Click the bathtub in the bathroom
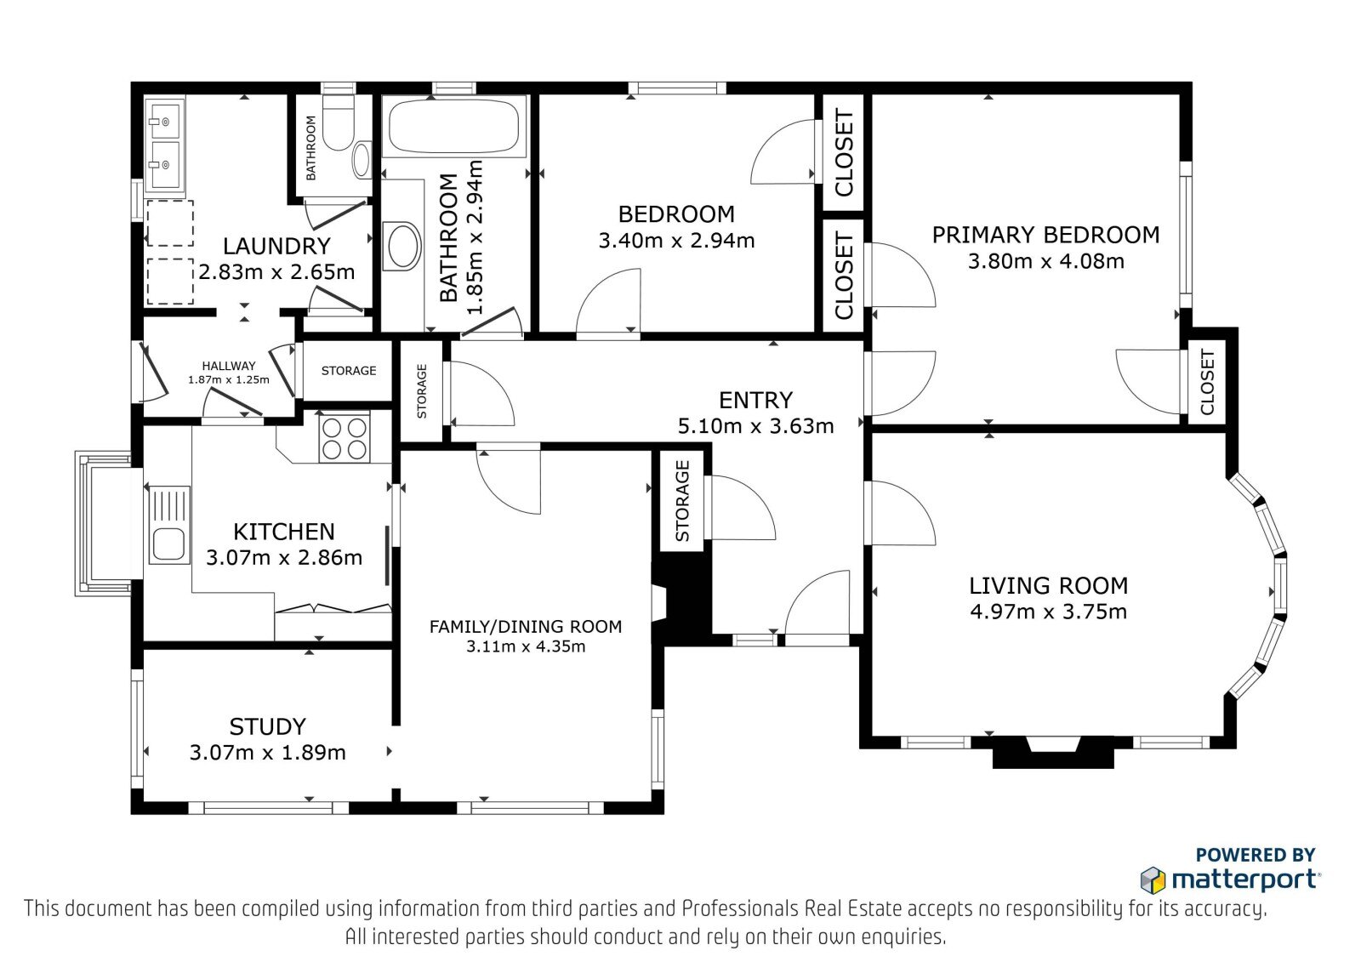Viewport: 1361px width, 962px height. [454, 126]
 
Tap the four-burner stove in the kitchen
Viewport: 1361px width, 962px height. [345, 438]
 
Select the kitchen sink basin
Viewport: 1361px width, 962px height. [168, 544]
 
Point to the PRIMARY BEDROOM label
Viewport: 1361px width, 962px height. [1045, 235]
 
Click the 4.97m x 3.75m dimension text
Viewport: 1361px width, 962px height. [1048, 612]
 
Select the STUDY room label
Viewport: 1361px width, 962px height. [267, 727]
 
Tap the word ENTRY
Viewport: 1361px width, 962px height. [755, 401]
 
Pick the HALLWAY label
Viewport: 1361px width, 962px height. [229, 366]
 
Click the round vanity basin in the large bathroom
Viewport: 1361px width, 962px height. [401, 246]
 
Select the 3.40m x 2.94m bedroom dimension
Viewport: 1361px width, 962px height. [676, 241]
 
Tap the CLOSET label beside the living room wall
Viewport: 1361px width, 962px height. [1207, 383]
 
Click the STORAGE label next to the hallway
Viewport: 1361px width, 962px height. [348, 371]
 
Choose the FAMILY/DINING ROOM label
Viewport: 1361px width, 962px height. [526, 627]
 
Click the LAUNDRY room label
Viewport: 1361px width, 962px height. [276, 246]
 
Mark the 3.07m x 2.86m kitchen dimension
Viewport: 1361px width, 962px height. [284, 557]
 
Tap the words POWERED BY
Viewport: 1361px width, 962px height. [1256, 855]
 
